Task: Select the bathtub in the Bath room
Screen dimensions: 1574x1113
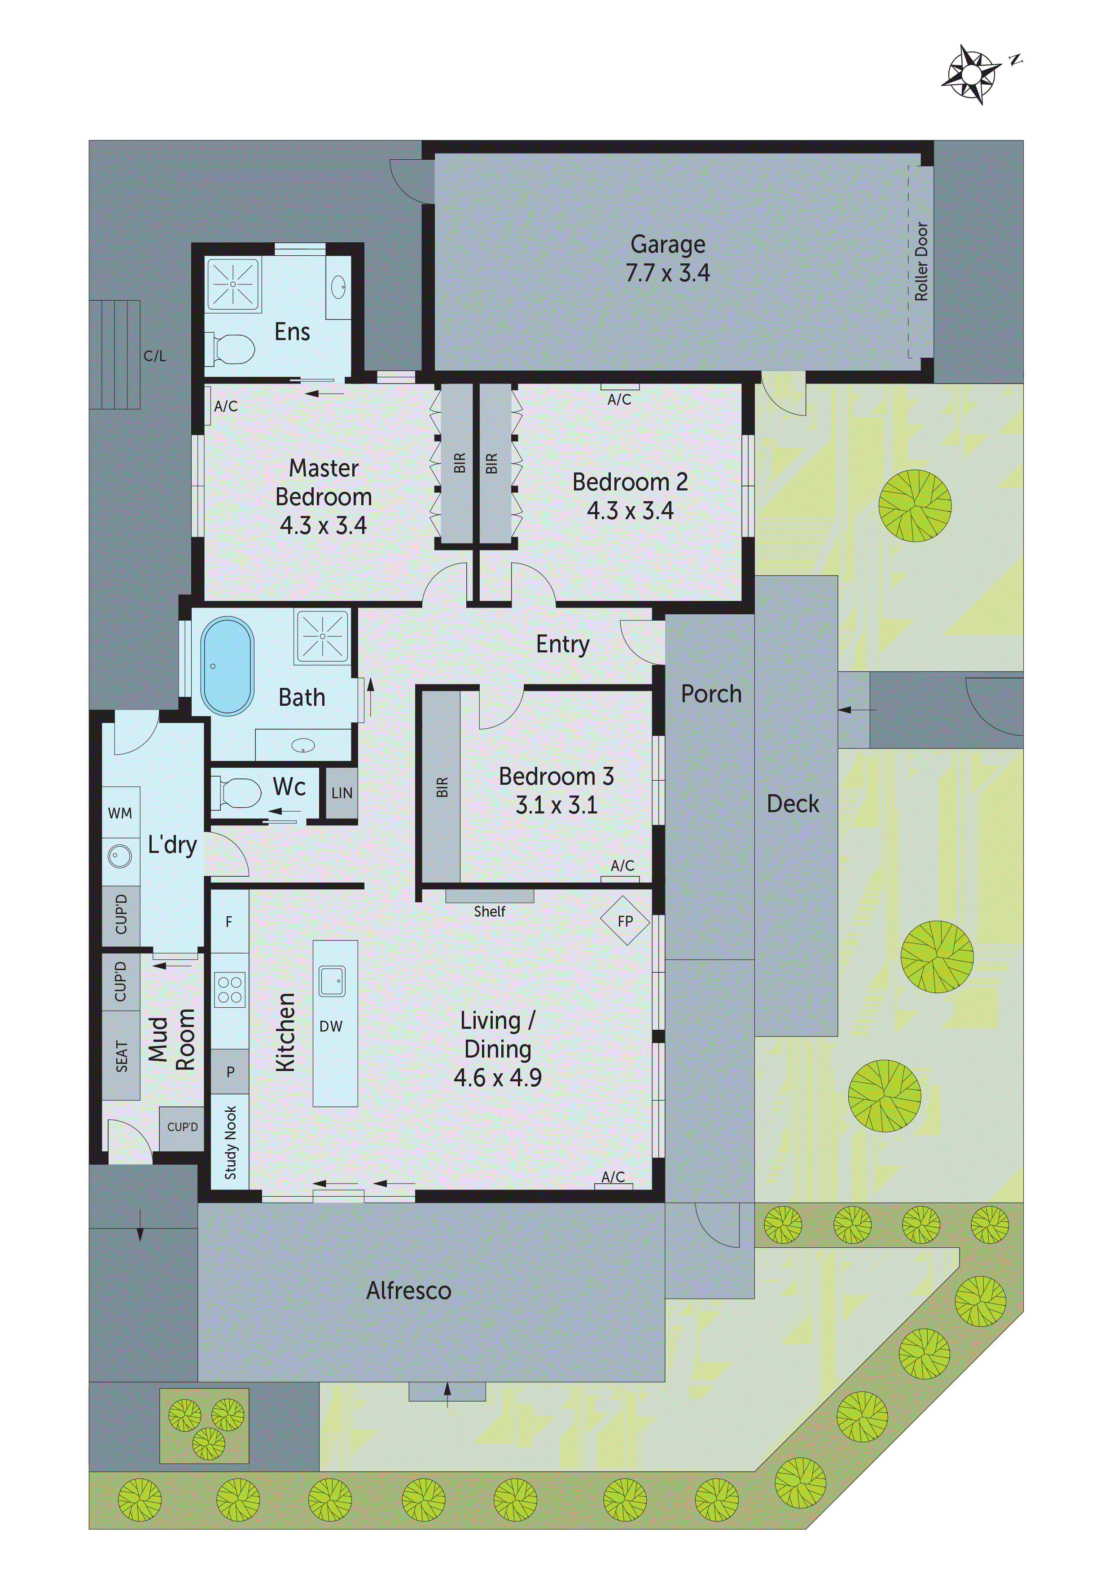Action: click(227, 666)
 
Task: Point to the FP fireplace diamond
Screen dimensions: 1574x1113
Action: click(625, 921)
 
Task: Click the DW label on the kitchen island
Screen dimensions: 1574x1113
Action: click(331, 1026)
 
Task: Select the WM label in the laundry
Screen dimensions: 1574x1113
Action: click(120, 813)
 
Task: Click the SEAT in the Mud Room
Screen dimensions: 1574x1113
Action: click(121, 1056)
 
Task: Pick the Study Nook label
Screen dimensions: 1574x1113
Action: click(230, 1142)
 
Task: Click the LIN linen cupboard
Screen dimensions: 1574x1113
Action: click(342, 793)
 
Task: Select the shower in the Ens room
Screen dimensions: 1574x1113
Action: click(233, 284)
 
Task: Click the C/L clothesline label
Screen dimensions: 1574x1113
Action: click(154, 356)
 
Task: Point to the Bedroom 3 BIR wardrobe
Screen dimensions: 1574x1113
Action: click(441, 787)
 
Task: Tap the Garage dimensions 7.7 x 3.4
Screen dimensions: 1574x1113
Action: click(667, 273)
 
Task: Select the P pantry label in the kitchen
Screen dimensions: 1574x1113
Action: click(230, 1071)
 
